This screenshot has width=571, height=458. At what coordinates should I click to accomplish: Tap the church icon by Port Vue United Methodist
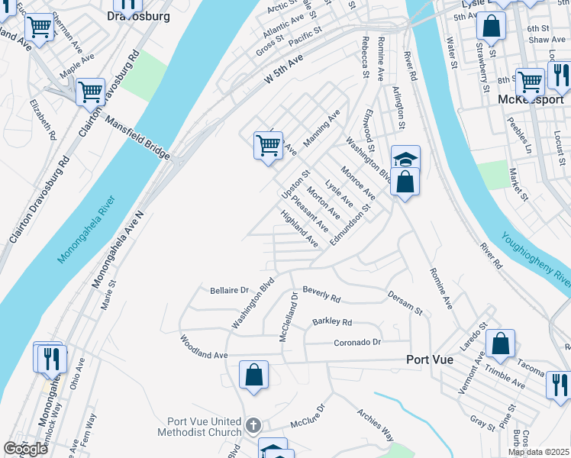pyautogui.click(x=253, y=424)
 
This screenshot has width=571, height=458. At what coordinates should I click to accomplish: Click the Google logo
pyautogui.click(x=25, y=449)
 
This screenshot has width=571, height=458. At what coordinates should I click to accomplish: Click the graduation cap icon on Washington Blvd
pyautogui.click(x=406, y=158)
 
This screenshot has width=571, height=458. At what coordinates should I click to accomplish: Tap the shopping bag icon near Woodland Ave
pyautogui.click(x=253, y=375)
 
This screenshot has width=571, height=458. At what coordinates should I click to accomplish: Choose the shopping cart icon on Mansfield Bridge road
pyautogui.click(x=90, y=92)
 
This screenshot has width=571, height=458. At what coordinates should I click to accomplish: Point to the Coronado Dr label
pyautogui.click(x=356, y=343)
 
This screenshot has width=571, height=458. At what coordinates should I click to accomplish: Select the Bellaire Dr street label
pyautogui.click(x=230, y=290)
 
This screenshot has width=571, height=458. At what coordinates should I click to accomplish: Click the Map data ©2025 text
pyautogui.click(x=538, y=452)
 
